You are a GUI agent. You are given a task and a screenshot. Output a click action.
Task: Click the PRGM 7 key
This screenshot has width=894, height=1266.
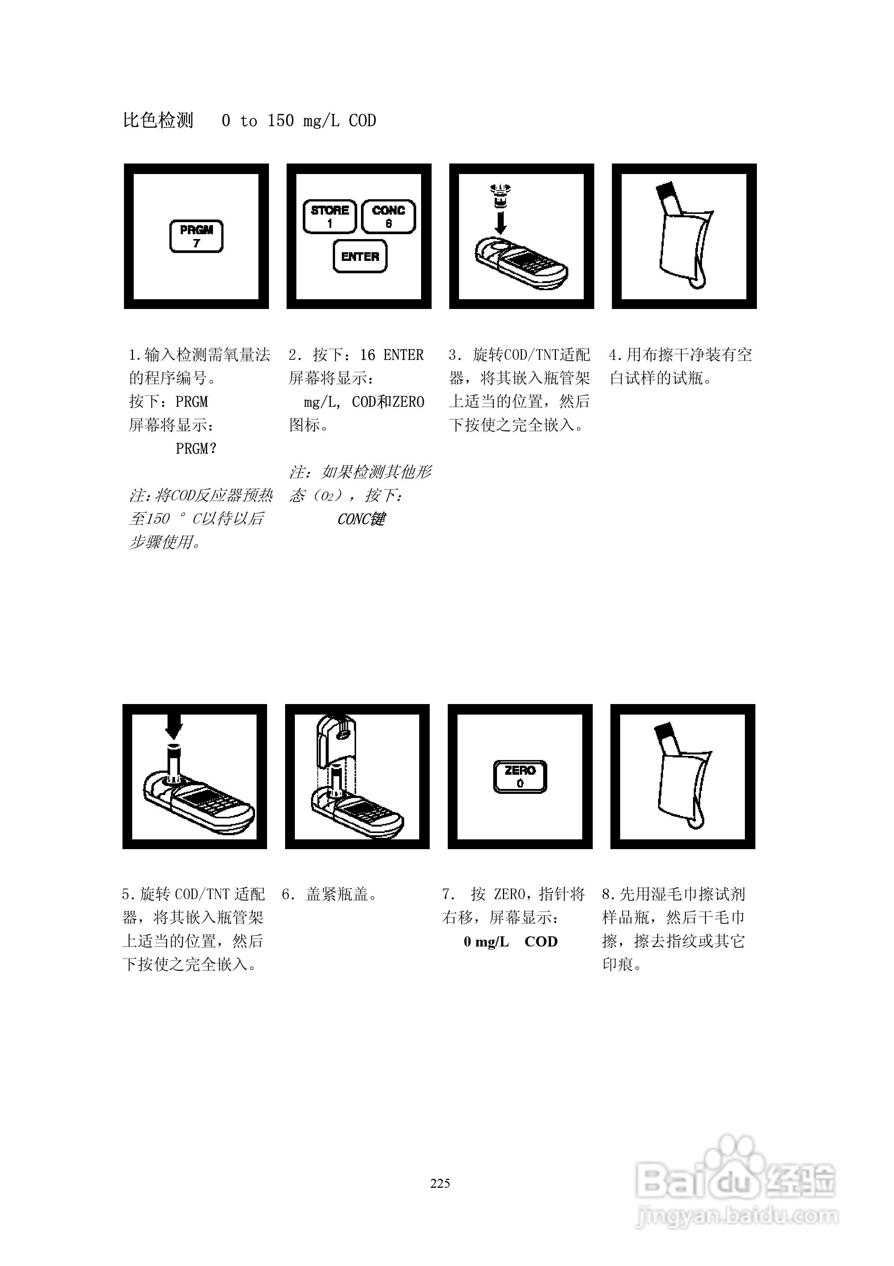(196, 236)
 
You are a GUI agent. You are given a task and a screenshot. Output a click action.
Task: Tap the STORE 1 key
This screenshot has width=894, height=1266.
(329, 216)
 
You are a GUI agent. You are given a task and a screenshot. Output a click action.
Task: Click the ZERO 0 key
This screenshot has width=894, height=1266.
(520, 776)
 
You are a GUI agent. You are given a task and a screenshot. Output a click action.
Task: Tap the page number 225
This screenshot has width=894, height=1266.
(440, 1183)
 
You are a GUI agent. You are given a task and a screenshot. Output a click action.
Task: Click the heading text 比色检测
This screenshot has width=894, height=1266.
(158, 120)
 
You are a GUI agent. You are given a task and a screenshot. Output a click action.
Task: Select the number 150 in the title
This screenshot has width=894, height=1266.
(281, 121)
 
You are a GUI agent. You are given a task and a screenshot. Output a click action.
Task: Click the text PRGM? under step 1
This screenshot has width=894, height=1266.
(196, 449)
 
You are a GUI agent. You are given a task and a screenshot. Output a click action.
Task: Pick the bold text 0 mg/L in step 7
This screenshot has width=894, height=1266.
(486, 942)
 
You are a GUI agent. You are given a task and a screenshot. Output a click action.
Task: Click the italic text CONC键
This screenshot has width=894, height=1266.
(361, 519)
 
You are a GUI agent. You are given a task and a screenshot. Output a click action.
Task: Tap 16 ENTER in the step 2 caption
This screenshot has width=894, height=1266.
(391, 354)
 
